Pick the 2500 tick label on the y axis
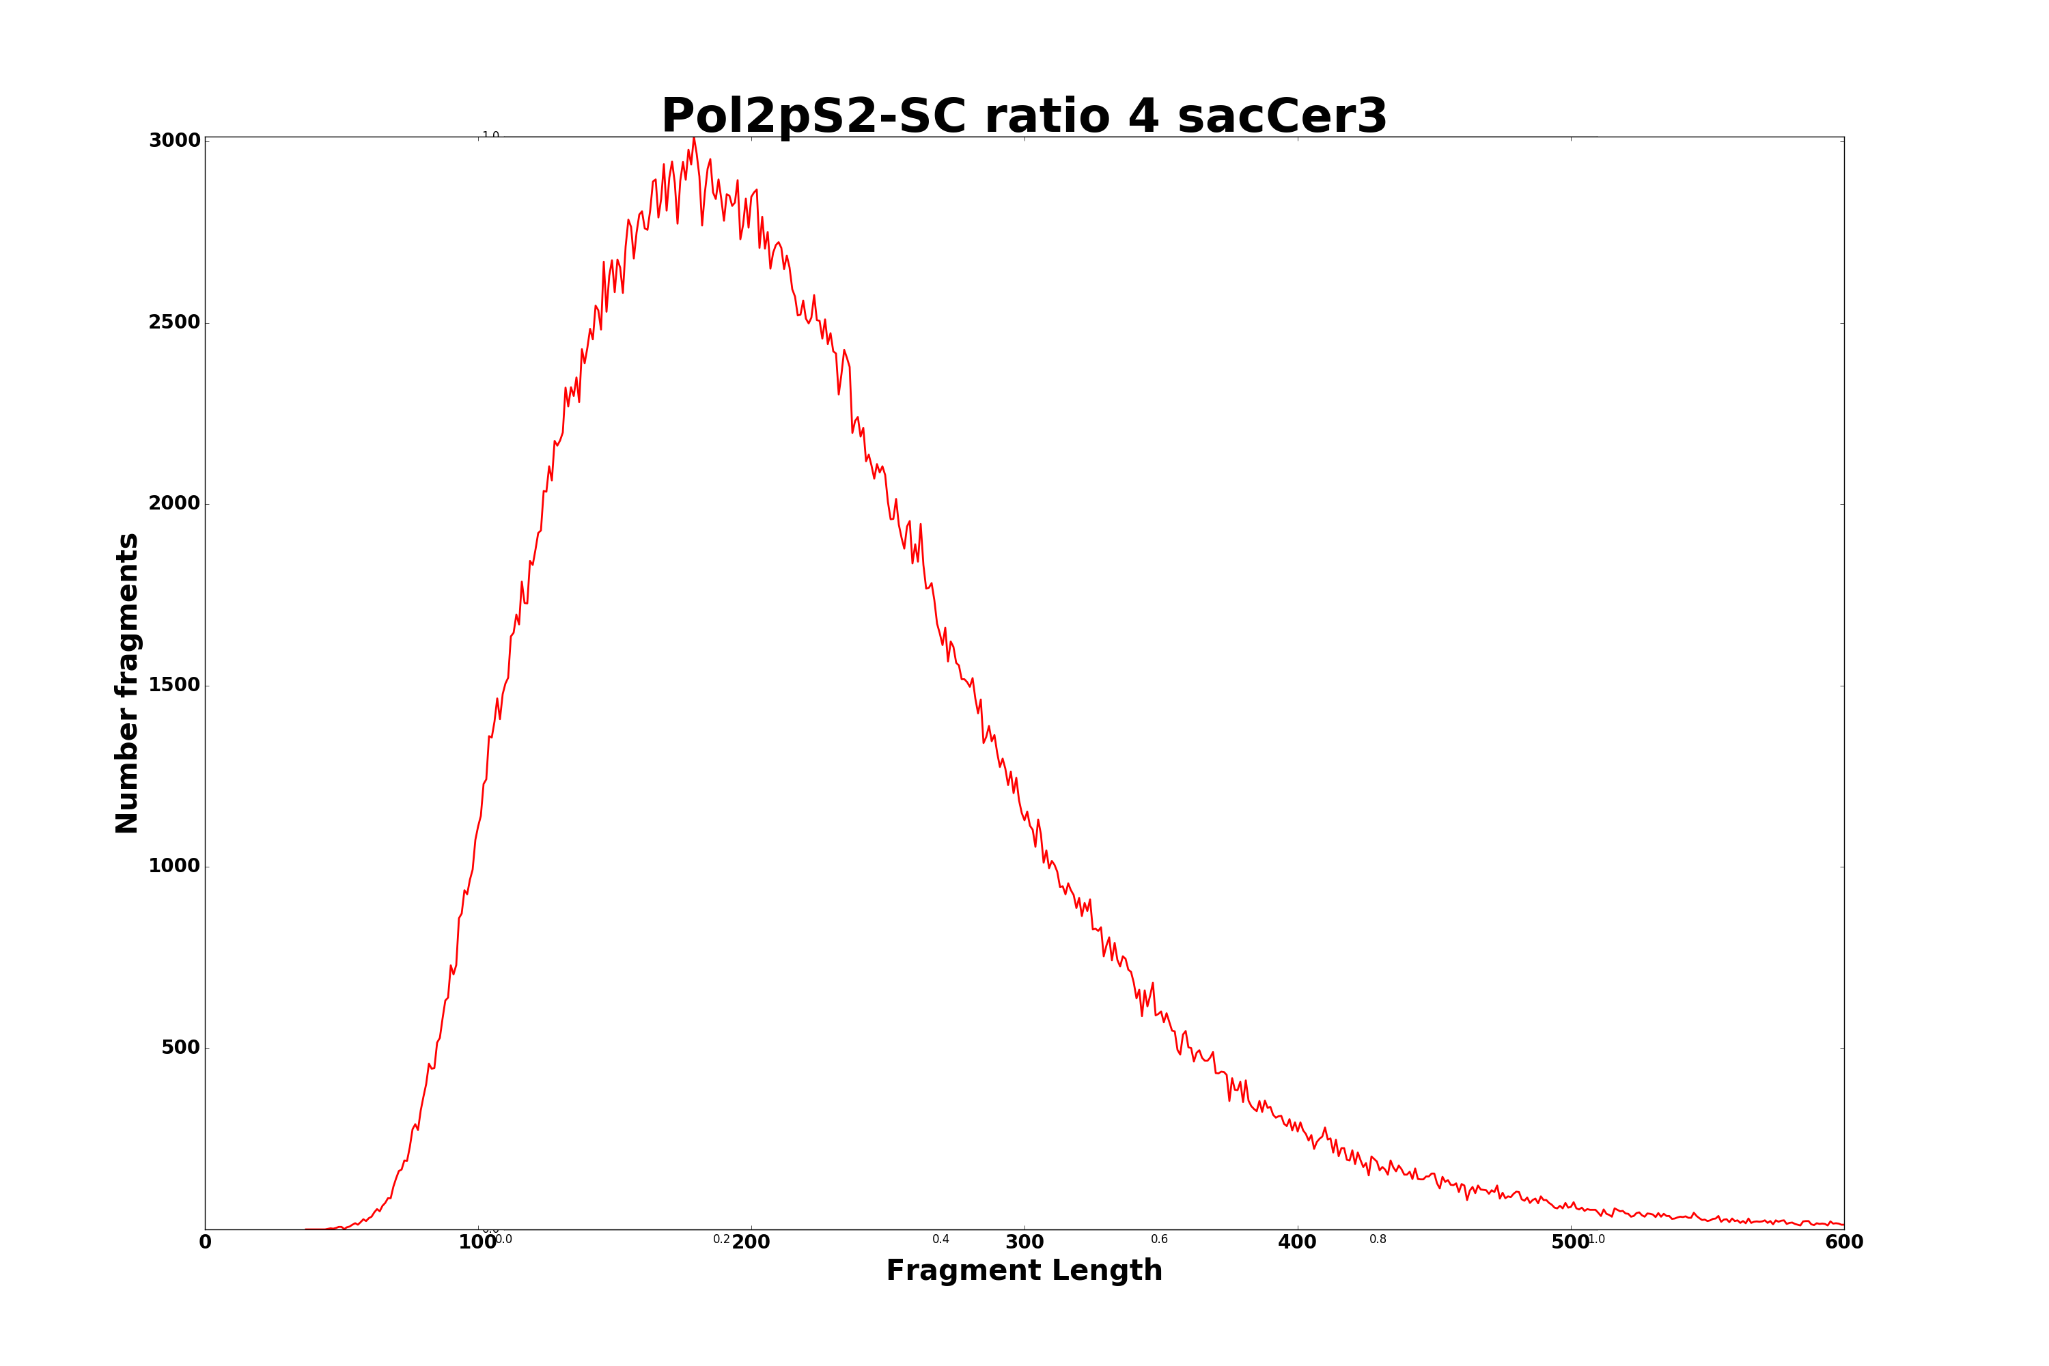point(174,322)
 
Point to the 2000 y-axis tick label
point(174,503)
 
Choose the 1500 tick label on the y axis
point(174,685)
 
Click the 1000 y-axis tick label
point(174,866)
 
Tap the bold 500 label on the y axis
point(180,1047)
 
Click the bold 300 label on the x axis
point(1024,1243)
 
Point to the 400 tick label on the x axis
point(1297,1243)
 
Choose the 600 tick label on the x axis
point(1843,1243)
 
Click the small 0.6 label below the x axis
point(1158,1240)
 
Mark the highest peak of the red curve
point(693,138)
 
